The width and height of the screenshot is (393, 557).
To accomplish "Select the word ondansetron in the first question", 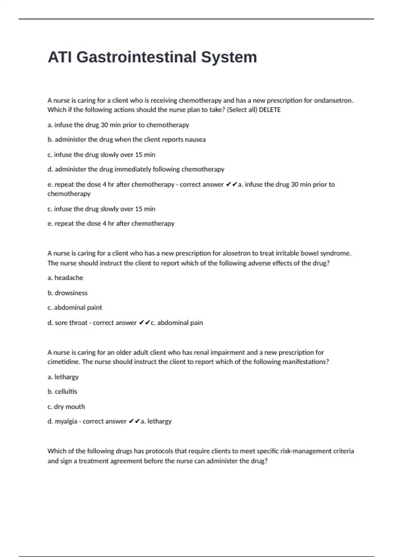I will pos(333,100).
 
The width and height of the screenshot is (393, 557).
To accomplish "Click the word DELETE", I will pos(270,110).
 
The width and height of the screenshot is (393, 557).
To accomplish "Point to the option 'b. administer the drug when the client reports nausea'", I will pos(126,140).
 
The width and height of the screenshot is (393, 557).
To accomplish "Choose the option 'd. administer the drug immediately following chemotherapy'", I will pos(136,169).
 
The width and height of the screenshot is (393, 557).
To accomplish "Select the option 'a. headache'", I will pos(65,278).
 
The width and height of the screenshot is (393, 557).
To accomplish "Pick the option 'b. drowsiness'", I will pos(67,293).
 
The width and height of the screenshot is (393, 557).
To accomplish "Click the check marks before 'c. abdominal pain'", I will pos(144,323).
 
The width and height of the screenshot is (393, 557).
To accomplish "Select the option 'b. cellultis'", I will pos(62,392).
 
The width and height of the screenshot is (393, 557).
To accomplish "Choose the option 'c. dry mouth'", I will pos(66,407).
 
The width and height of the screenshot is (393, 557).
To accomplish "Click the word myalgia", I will pos(66,421).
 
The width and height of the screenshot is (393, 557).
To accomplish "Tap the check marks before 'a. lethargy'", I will pos(134,421).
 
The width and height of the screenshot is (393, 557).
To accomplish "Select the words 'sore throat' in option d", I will pos(71,323).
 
